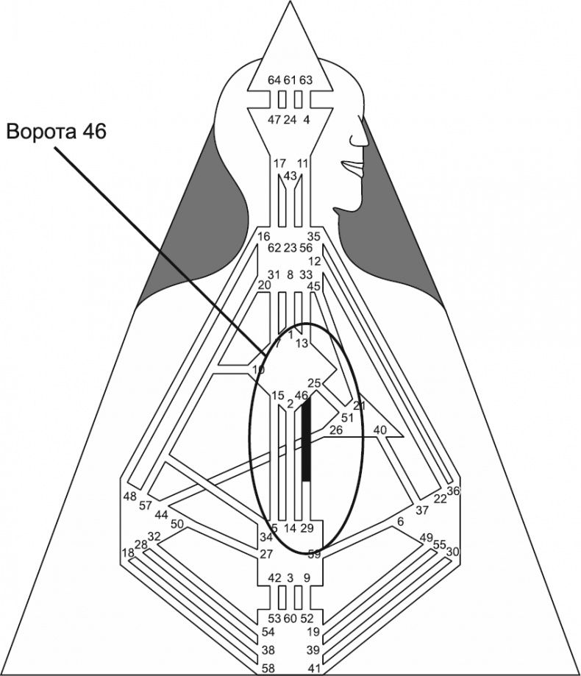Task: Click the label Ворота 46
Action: (x=57, y=132)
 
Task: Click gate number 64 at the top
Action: (x=274, y=79)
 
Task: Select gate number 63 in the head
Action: (x=306, y=79)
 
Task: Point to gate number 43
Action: (x=290, y=176)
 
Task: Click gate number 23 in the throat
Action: (x=290, y=248)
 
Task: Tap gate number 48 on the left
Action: (x=130, y=497)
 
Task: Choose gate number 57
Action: (x=145, y=506)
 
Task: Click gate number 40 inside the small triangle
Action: (x=380, y=430)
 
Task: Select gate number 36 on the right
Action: (x=453, y=491)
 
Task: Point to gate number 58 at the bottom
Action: (x=270, y=668)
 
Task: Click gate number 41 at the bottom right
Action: (x=313, y=668)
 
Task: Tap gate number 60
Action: (x=290, y=618)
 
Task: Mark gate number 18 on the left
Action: (x=128, y=552)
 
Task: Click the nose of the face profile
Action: (x=363, y=138)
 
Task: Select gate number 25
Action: (x=314, y=383)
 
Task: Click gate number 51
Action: (x=347, y=418)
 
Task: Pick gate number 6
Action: (x=400, y=521)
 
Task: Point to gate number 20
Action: (x=265, y=285)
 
